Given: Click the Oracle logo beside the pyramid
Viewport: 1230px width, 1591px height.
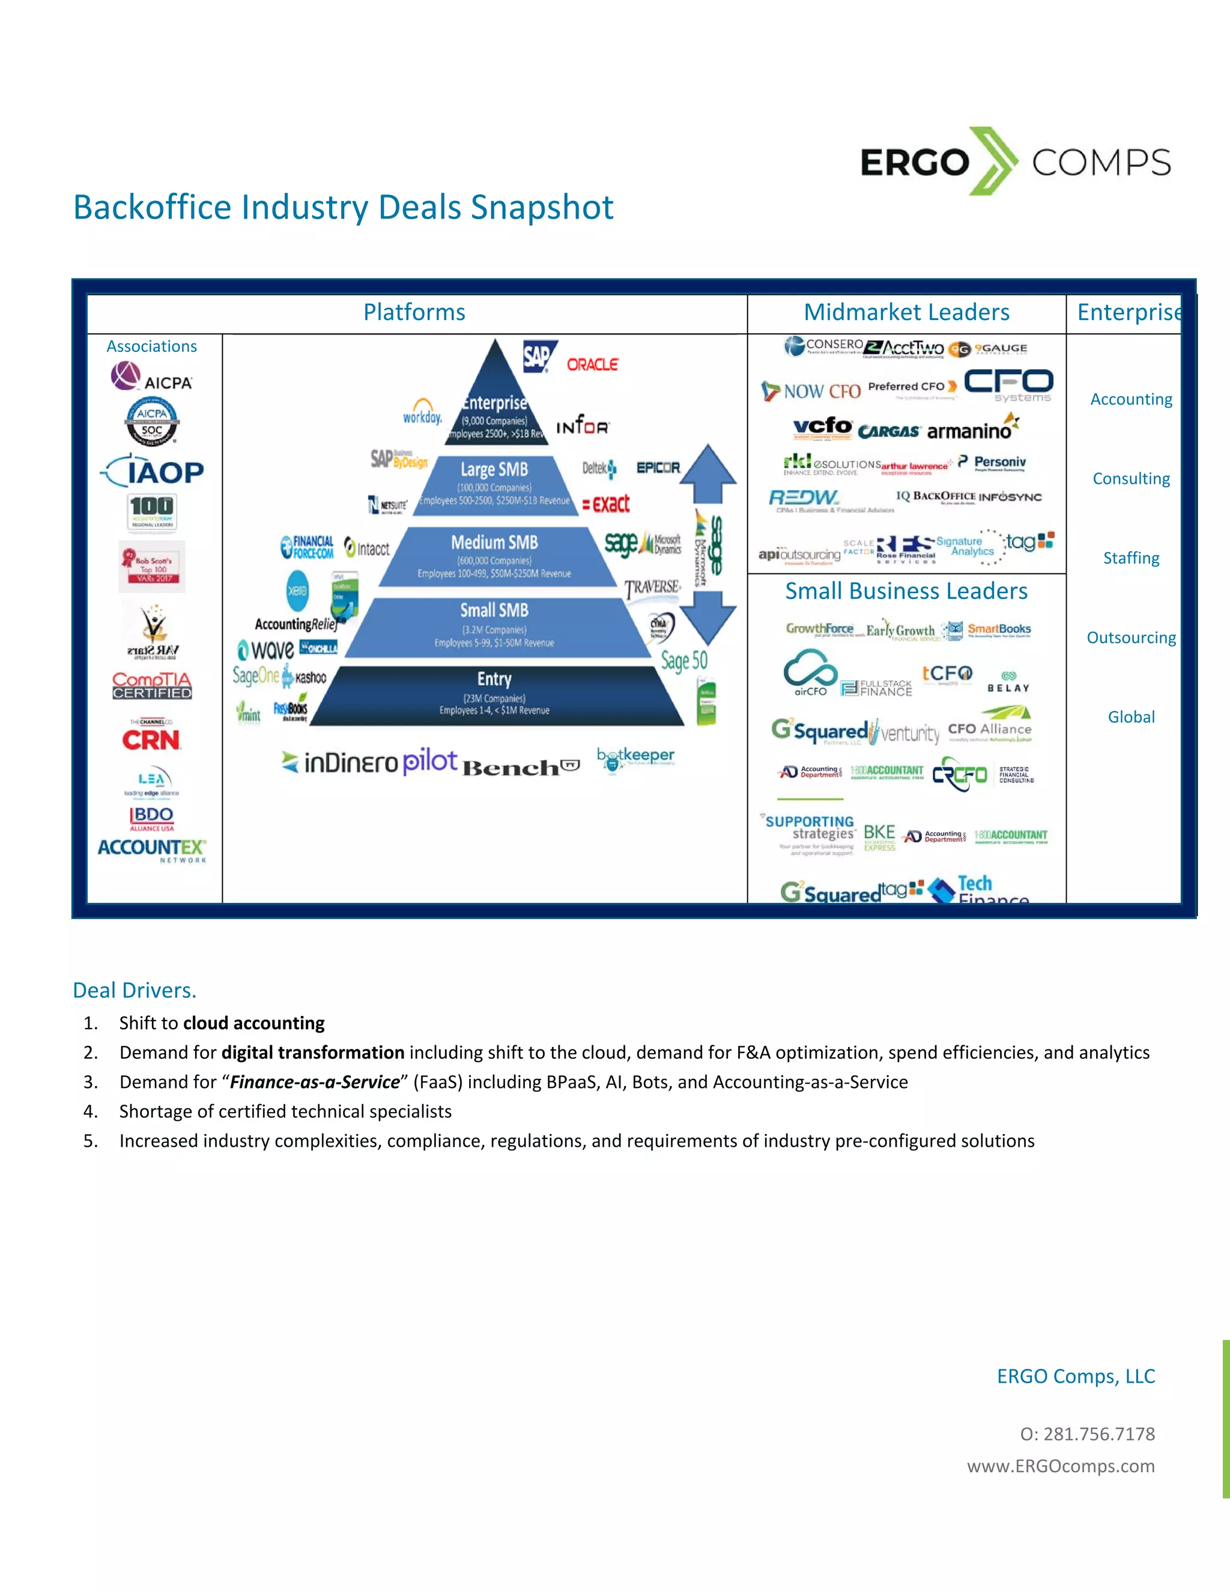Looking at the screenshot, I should point(592,364).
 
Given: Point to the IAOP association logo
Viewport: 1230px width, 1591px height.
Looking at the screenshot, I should point(153,471).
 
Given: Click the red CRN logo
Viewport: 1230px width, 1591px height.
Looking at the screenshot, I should point(151,740).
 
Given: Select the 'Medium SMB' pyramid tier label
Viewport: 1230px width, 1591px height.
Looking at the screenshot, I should point(494,542).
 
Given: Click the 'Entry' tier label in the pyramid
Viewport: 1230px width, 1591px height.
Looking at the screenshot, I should point(494,679).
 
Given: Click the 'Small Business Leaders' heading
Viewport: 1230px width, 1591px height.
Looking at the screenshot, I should point(906,591).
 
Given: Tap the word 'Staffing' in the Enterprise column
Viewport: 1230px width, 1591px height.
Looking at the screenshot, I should point(1131,558).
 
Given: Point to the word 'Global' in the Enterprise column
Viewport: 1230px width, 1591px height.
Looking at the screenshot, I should point(1131,717).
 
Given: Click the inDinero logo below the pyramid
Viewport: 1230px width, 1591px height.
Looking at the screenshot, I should point(339,762).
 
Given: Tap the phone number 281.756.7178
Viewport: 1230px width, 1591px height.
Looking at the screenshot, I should point(1099,1434).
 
